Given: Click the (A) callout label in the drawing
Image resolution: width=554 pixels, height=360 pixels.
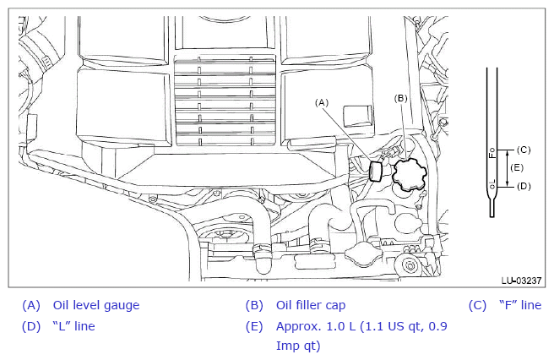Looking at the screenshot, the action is (322, 102).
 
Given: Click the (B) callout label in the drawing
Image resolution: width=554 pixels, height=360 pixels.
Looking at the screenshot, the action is (400, 98).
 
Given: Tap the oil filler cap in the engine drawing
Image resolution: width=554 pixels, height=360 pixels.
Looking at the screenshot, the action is (409, 174).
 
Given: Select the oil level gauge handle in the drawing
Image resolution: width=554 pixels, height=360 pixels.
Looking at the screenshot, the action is (376, 172).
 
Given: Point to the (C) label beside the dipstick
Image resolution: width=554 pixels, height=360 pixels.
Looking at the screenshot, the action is (524, 150).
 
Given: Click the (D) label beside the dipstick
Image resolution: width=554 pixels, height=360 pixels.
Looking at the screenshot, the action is (524, 186).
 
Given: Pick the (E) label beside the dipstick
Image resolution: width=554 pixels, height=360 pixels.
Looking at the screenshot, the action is (517, 167).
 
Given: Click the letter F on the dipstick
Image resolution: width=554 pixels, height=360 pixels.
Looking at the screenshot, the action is (492, 155).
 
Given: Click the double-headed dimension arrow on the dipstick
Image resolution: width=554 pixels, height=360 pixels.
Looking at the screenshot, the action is (508, 168).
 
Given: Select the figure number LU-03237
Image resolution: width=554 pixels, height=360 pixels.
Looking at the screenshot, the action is (521, 281).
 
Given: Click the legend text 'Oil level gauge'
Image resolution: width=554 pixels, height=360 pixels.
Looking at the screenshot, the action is (96, 305).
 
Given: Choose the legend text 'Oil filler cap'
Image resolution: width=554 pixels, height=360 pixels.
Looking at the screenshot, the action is (311, 305).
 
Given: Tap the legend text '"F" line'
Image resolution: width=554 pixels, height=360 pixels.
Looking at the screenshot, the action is (520, 305).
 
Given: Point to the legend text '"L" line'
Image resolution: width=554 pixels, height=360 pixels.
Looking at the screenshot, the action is (73, 326).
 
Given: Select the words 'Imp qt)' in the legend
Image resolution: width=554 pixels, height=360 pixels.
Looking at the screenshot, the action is (298, 346).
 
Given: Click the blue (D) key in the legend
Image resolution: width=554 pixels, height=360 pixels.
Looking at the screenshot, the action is (31, 326).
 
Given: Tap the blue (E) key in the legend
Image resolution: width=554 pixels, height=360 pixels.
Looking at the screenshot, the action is (254, 326).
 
